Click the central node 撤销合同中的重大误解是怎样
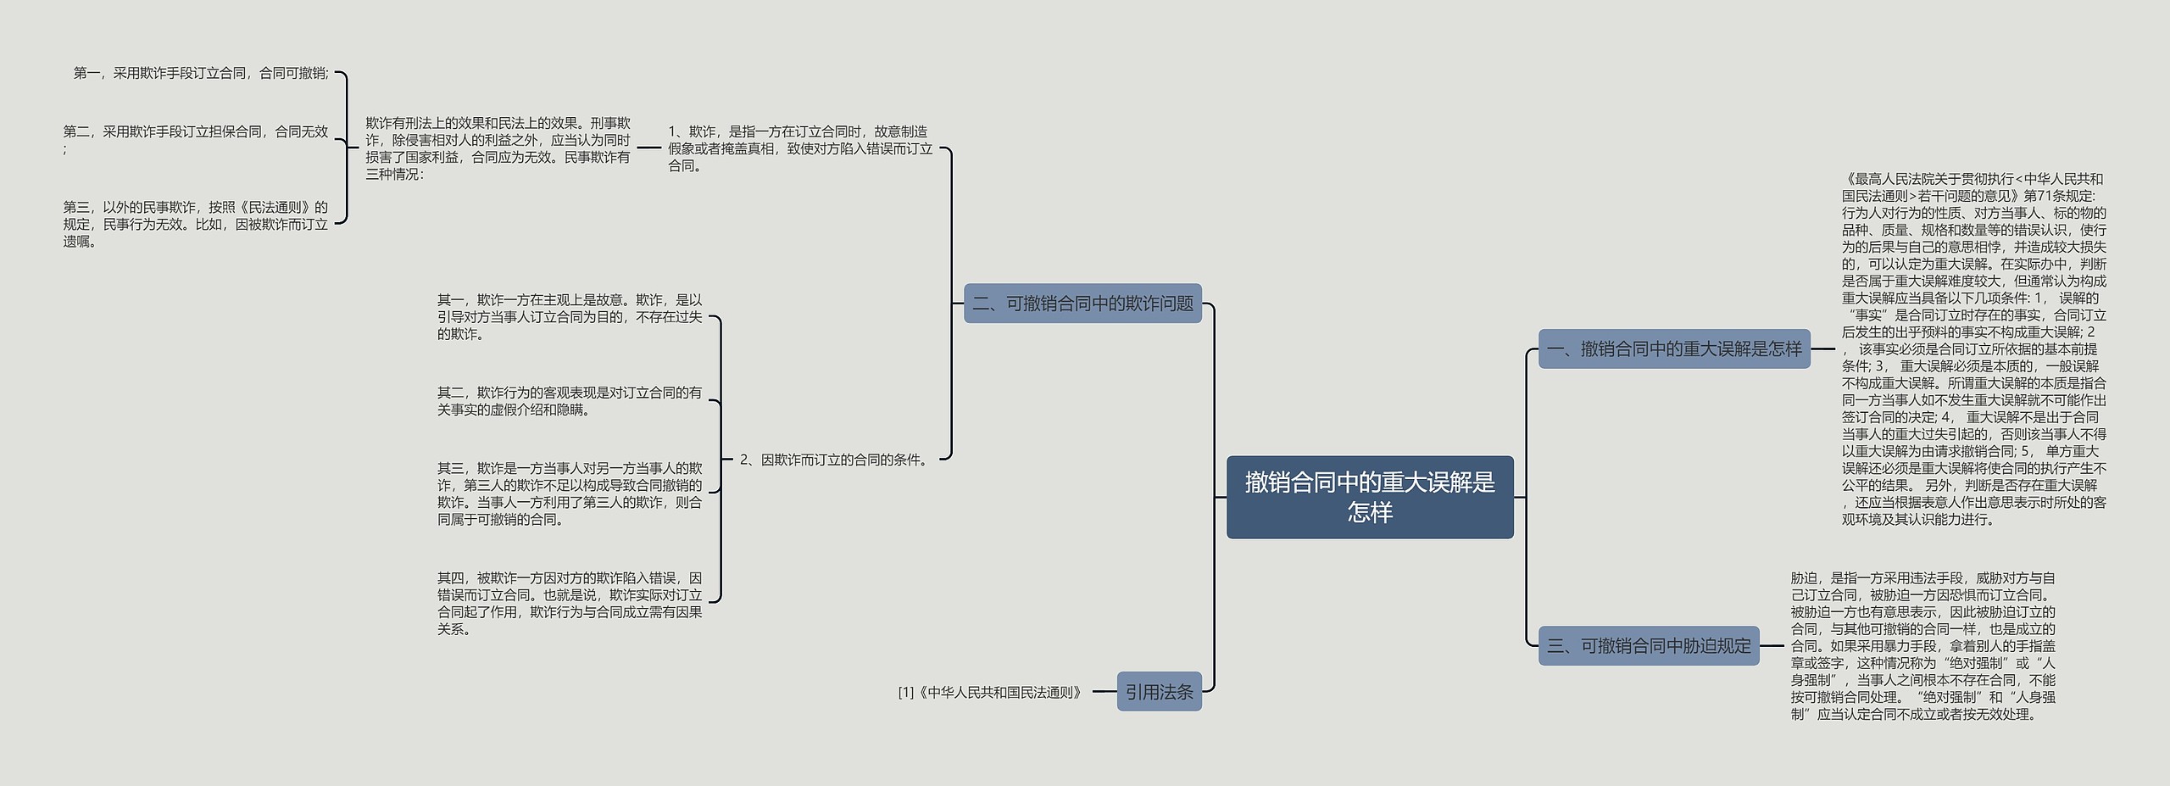click(1369, 497)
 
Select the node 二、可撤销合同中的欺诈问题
click(1082, 304)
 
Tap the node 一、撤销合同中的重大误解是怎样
click(1673, 348)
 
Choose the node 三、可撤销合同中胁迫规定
click(1648, 645)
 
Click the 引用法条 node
click(1159, 692)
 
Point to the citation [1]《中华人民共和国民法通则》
click(991, 692)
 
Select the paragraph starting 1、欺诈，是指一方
click(799, 148)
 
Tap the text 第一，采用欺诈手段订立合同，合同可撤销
click(201, 73)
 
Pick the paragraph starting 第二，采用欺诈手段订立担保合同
click(195, 139)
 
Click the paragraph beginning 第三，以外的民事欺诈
click(195, 224)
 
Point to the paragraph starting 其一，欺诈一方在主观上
click(570, 317)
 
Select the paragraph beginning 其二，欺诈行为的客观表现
click(570, 401)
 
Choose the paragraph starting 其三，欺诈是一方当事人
click(570, 493)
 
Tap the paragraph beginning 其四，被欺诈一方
click(570, 603)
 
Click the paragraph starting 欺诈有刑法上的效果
click(498, 148)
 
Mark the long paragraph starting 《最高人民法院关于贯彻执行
click(1973, 348)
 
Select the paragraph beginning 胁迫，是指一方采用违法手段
click(1922, 645)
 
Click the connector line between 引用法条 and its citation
click(1104, 692)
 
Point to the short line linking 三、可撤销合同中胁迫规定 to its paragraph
click(1772, 646)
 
